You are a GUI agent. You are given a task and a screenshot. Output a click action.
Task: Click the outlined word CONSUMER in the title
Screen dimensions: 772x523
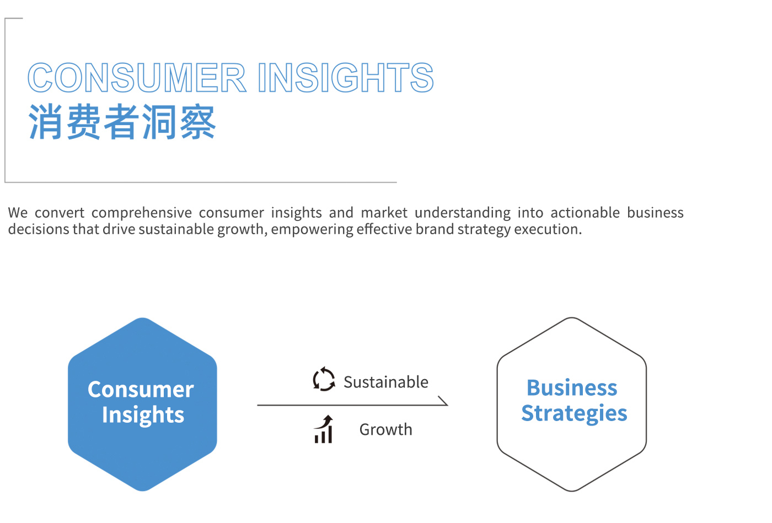point(137,78)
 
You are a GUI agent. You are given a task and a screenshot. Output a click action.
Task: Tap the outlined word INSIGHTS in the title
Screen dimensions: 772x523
point(346,78)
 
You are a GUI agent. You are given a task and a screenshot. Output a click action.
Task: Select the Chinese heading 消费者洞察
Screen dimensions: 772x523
point(122,122)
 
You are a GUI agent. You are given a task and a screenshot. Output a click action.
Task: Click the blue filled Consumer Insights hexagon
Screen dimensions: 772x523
point(142,404)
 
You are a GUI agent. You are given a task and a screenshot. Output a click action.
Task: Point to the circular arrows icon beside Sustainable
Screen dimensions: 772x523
point(324,379)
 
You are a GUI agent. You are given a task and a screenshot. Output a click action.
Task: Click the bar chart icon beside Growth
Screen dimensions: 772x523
point(324,429)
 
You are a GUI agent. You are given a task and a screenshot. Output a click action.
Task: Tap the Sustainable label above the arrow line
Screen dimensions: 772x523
point(385,382)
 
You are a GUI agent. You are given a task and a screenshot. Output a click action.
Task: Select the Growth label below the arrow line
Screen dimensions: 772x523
point(385,430)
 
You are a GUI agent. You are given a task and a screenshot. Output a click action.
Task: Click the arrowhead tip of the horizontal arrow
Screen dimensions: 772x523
point(448,405)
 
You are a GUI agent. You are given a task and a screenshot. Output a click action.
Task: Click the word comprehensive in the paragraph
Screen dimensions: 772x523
point(141,213)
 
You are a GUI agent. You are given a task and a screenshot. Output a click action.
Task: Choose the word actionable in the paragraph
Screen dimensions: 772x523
point(585,213)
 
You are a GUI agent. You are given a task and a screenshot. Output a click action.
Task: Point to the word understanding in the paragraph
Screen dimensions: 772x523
point(463,213)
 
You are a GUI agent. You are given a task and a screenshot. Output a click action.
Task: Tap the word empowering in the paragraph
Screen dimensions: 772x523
point(312,230)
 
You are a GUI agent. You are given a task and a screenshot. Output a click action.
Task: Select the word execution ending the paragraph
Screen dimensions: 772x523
point(548,229)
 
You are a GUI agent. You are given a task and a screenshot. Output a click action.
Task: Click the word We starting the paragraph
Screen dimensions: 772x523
point(18,213)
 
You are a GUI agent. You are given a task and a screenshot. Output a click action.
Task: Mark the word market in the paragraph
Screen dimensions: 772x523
point(384,213)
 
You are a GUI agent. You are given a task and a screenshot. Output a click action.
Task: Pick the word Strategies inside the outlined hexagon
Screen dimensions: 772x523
point(574,414)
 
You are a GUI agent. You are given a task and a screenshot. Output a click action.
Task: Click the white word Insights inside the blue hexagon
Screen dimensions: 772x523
point(143,415)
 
